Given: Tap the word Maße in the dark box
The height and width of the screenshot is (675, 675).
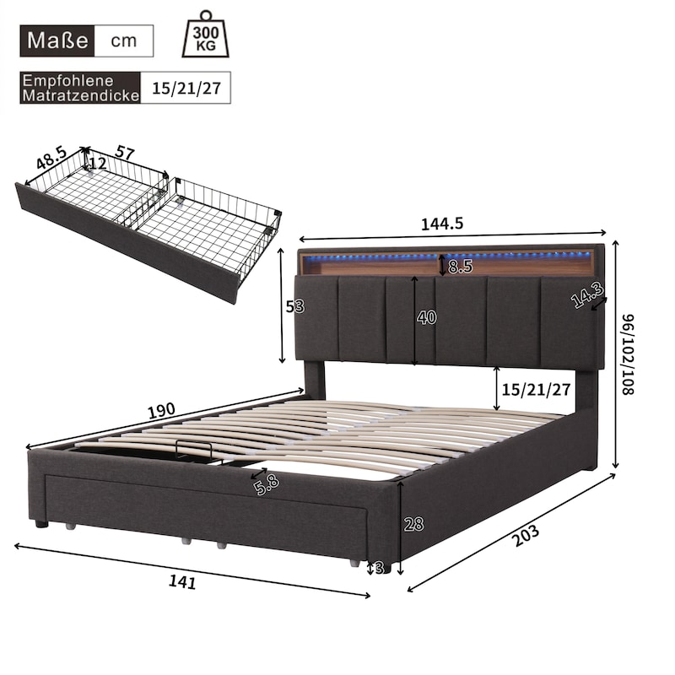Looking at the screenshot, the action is tap(57, 40).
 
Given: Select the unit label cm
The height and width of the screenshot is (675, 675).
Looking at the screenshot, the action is tap(123, 40).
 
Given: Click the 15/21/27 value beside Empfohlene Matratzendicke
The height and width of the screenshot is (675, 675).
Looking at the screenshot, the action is tap(186, 89).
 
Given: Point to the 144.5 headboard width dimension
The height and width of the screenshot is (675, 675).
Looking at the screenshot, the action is tap(441, 224).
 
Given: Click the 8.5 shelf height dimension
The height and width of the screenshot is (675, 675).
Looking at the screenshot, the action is tap(460, 267).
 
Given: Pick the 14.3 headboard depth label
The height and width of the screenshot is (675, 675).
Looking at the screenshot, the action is tap(587, 294).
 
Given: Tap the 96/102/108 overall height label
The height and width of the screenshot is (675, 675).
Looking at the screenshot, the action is tap(628, 354).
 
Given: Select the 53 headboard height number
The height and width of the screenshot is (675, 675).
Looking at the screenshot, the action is tap(295, 306).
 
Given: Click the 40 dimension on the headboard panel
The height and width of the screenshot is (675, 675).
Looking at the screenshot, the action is tap(426, 317).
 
